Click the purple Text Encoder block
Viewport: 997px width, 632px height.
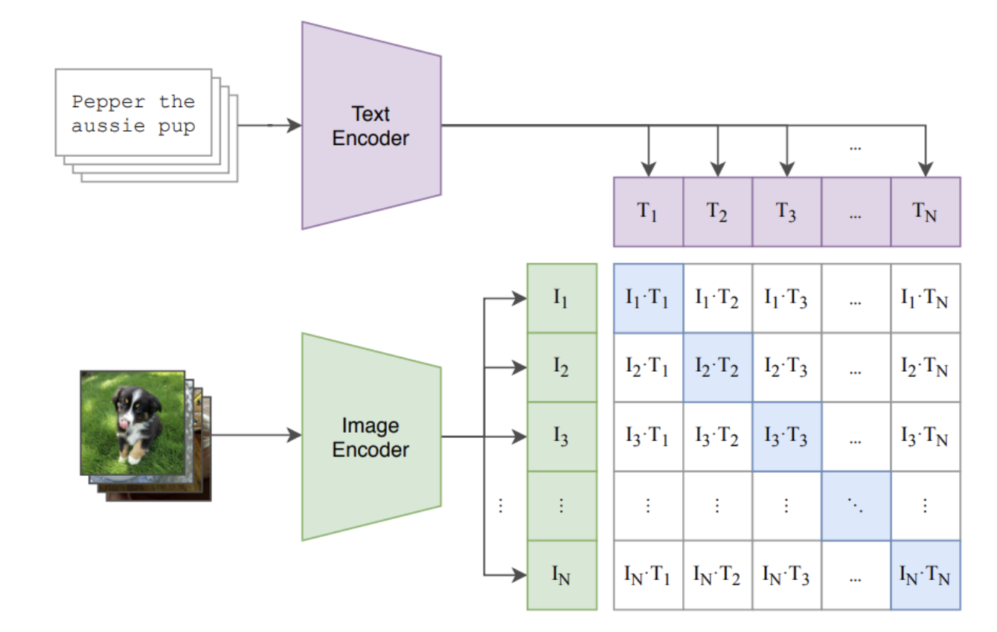tap(371, 126)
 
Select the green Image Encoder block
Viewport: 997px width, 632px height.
tap(371, 437)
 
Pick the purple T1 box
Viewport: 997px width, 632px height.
tap(648, 211)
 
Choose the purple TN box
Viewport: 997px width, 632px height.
tap(925, 211)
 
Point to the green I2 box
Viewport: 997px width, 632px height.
tap(561, 367)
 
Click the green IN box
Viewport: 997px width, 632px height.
tap(561, 575)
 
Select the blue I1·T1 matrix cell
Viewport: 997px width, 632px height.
tap(648, 298)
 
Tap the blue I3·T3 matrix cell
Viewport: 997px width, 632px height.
tap(786, 436)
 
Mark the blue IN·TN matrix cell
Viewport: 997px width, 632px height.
tap(925, 575)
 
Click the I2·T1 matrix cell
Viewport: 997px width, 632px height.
tap(648, 367)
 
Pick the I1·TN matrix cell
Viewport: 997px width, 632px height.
tap(925, 298)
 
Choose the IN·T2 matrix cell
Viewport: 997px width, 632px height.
tap(717, 575)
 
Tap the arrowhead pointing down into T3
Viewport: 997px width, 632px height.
tap(786, 170)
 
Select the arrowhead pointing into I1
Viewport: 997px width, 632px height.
tap(519, 299)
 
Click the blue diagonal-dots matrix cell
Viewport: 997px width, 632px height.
tap(856, 506)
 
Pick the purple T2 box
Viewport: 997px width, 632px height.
tap(717, 211)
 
